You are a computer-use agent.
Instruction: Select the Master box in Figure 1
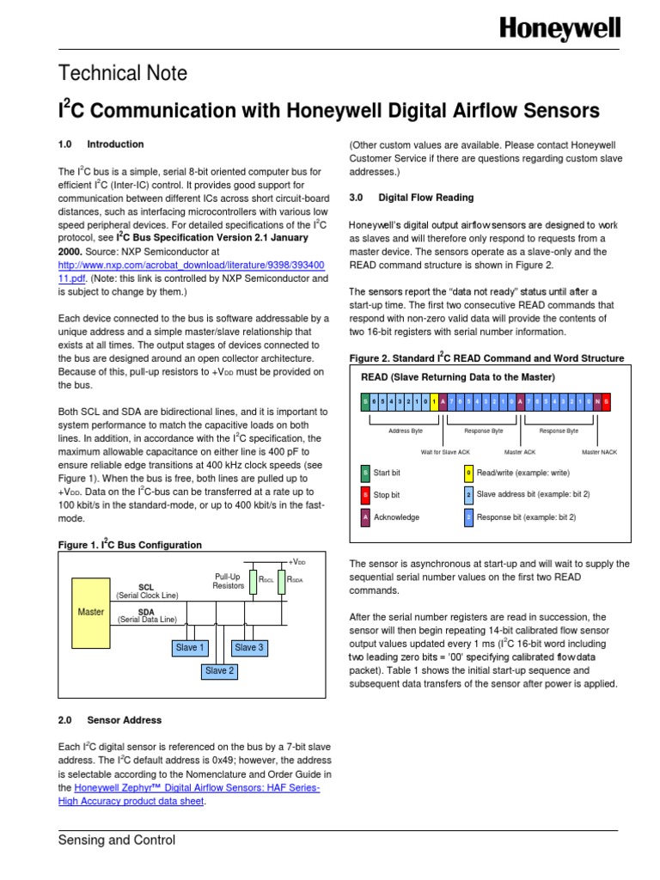pyautogui.click(x=91, y=612)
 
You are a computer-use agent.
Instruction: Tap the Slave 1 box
pyautogui.click(x=190, y=647)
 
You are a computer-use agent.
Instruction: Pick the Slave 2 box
pyautogui.click(x=219, y=670)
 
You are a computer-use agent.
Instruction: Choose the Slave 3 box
pyautogui.click(x=249, y=647)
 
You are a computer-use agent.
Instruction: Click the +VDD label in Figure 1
pyautogui.click(x=296, y=560)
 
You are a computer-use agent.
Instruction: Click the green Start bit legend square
pyautogui.click(x=365, y=472)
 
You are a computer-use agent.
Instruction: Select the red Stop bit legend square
pyautogui.click(x=365, y=495)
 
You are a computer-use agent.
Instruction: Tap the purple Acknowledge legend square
pyautogui.click(x=365, y=517)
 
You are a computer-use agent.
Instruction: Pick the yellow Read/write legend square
pyautogui.click(x=468, y=472)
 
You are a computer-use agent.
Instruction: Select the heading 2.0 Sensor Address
pyautogui.click(x=109, y=719)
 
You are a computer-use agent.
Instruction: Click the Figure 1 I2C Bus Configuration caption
pyautogui.click(x=130, y=545)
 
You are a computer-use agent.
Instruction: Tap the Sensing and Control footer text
pyautogui.click(x=116, y=840)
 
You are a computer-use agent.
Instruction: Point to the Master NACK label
pyautogui.click(x=599, y=451)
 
